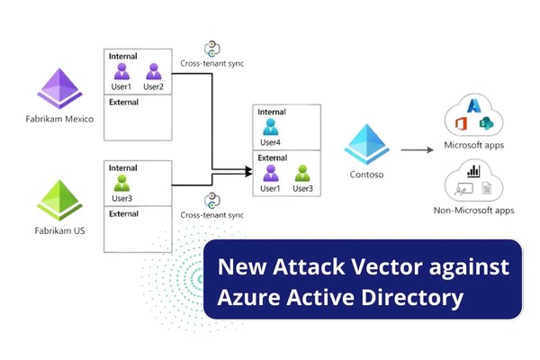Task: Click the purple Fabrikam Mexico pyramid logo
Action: [x=59, y=88]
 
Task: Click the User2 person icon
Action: [x=153, y=72]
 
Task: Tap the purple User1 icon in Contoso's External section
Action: [x=270, y=171]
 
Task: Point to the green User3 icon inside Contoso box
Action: [x=302, y=171]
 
